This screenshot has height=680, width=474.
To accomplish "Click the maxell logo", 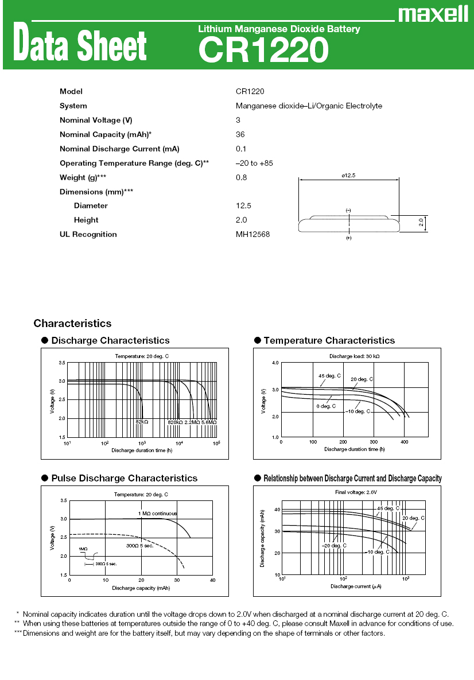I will pyautogui.click(x=434, y=14).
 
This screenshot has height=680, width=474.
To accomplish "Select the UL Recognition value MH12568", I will pyautogui.click(x=252, y=234).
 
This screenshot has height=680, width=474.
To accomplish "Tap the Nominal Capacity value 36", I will pyautogui.click(x=240, y=134).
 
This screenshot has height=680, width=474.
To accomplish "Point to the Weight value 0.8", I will pyautogui.click(x=241, y=177).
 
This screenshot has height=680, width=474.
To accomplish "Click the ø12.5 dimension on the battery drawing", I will pyautogui.click(x=348, y=176).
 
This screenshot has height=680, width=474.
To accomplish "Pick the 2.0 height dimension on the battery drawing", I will pyautogui.click(x=421, y=223).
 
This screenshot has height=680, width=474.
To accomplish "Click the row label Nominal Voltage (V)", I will pyautogui.click(x=96, y=120).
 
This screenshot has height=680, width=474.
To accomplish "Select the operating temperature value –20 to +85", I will pyautogui.click(x=254, y=163).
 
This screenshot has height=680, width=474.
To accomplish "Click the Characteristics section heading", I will pyautogui.click(x=72, y=324).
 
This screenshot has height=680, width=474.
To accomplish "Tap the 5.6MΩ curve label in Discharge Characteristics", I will pyautogui.click(x=208, y=422).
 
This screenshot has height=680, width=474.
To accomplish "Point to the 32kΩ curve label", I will pyautogui.click(x=142, y=422).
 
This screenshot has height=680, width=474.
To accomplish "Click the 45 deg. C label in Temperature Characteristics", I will pyautogui.click(x=329, y=376).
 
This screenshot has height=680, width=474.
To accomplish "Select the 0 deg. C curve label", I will pyautogui.click(x=325, y=406).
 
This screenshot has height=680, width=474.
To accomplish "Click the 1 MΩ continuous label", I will pyautogui.click(x=157, y=513).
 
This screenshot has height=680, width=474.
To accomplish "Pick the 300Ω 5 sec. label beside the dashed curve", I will pyautogui.click(x=139, y=545).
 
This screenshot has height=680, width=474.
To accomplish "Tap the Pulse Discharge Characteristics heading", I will pyautogui.click(x=124, y=478).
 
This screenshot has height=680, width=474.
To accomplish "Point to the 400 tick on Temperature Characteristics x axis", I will pyautogui.click(x=405, y=442).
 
